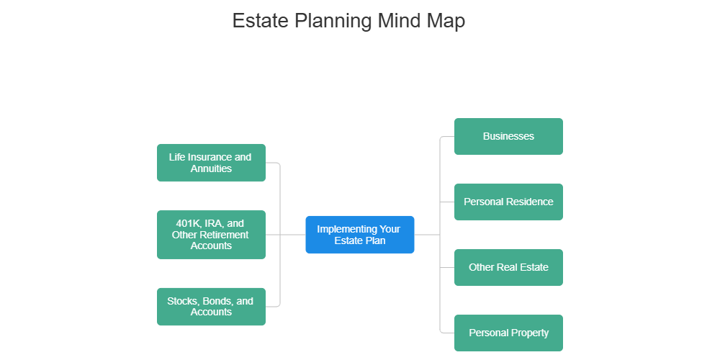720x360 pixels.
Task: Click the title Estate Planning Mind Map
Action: (348, 21)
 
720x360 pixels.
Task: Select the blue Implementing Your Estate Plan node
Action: (359, 235)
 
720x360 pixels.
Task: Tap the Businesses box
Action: (508, 137)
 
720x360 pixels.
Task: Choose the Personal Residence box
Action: (508, 202)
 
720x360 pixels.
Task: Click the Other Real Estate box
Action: (508, 267)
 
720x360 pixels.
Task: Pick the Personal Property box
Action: (508, 333)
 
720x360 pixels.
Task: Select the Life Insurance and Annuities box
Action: (211, 163)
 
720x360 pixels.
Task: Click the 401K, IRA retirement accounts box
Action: (211, 235)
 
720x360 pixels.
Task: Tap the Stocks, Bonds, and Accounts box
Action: (211, 307)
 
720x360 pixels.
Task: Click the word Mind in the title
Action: (397, 21)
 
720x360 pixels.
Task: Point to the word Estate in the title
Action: (260, 21)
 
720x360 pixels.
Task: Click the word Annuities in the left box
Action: (211, 168)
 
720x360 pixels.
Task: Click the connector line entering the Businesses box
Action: (446, 137)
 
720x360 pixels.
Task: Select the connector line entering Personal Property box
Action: (446, 333)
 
